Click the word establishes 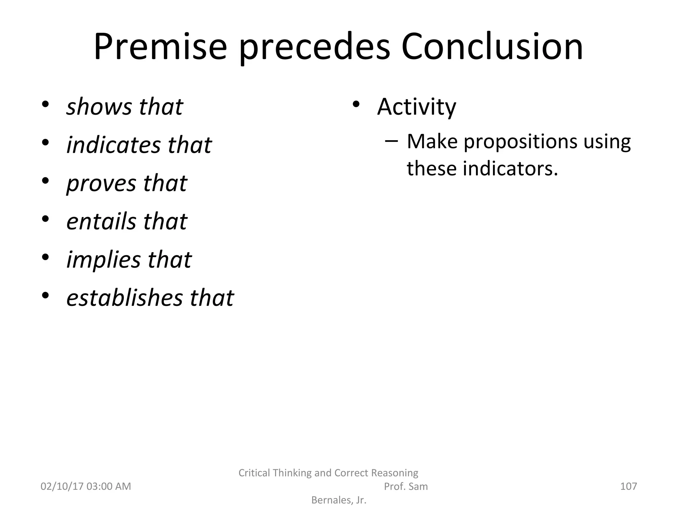(124, 298)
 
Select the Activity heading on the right (416, 107)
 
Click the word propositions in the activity (519, 142)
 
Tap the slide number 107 (628, 486)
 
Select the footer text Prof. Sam (406, 486)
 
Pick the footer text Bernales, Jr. (339, 500)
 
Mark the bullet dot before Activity (356, 104)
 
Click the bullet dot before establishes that (45, 295)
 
